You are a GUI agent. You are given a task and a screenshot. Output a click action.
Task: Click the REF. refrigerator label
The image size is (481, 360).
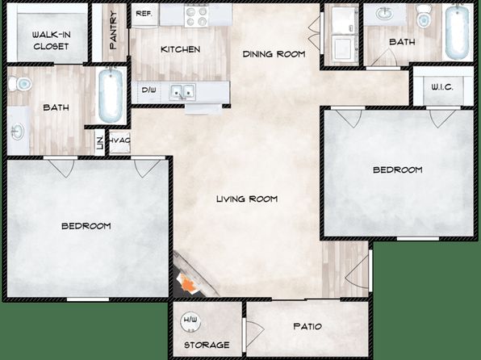tap(144, 14)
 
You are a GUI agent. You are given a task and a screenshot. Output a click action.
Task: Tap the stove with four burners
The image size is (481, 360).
tap(197, 16)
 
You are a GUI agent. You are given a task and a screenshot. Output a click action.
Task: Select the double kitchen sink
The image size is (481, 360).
tap(183, 91)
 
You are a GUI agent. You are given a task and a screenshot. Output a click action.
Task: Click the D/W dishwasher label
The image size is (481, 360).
tap(148, 90)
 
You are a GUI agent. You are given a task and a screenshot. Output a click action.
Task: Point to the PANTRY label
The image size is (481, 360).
tap(113, 30)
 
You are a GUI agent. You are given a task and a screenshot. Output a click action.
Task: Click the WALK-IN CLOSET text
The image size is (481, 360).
tap(51, 40)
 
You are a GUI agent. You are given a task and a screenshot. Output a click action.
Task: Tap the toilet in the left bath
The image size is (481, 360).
tap(20, 83)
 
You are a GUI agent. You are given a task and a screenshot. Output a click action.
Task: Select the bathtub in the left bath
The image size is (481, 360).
tap(111, 95)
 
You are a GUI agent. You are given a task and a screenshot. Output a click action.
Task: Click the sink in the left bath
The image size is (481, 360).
tap(17, 132)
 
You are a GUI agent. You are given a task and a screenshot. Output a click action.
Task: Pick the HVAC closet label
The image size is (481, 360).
tap(119, 140)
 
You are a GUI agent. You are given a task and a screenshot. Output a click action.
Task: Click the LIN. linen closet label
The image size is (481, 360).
tap(100, 142)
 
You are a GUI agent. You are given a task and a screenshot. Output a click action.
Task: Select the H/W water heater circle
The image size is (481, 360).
tap(190, 323)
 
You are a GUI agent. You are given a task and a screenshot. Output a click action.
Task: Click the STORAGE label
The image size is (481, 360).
tap(207, 345)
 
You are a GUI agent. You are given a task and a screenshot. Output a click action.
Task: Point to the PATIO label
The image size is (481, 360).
tap(307, 326)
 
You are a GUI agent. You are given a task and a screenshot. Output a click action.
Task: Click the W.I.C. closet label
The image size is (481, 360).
tap(442, 87)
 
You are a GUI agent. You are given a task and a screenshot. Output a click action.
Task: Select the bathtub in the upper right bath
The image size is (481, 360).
tap(458, 32)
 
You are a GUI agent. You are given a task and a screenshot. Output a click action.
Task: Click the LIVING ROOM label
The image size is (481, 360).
tap(247, 199)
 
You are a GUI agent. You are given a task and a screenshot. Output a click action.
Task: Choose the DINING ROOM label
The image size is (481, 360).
tap(274, 54)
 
